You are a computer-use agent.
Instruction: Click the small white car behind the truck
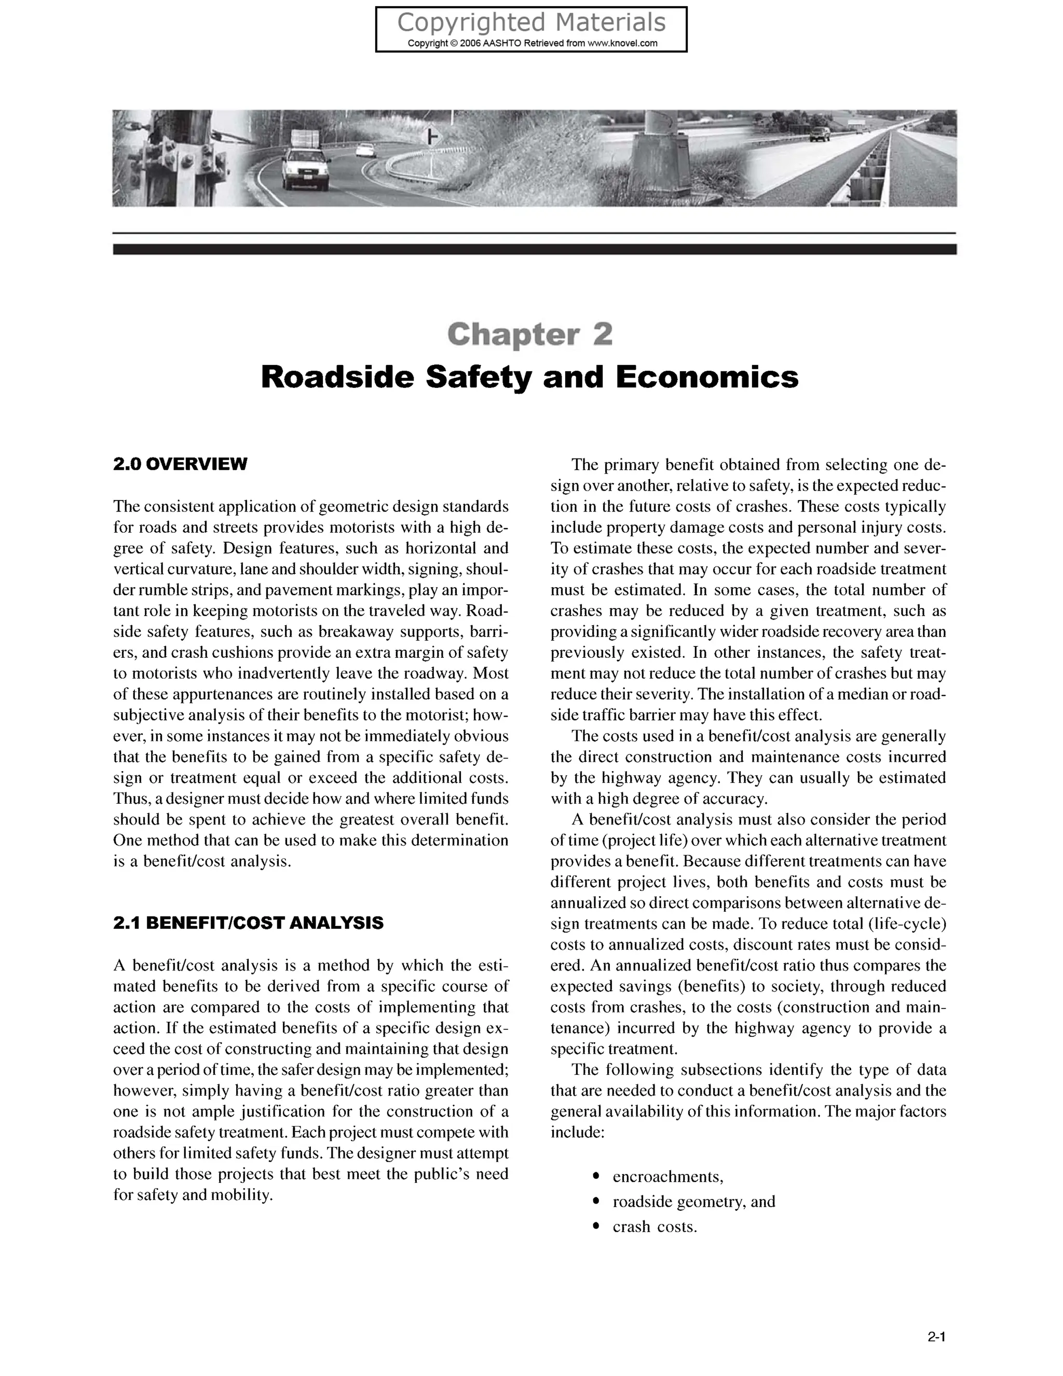click(364, 150)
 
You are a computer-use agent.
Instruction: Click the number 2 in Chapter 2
click(603, 334)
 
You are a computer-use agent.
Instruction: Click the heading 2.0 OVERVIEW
click(180, 464)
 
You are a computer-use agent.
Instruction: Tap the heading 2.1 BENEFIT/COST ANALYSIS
click(248, 924)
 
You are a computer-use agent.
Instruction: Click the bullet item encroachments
click(667, 1177)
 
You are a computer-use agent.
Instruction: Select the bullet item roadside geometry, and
click(693, 1202)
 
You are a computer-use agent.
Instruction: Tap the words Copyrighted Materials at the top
click(531, 23)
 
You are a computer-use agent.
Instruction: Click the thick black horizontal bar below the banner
click(534, 249)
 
